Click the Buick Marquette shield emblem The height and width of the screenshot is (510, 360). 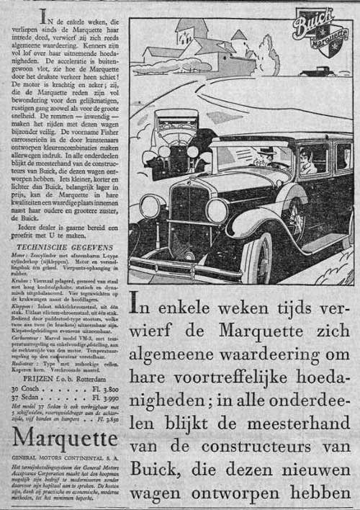[317, 32]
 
